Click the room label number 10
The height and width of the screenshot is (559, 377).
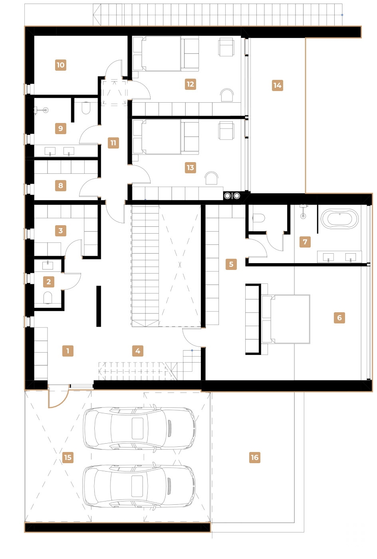click(x=60, y=65)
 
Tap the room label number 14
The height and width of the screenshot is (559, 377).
click(x=277, y=85)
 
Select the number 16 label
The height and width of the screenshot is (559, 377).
click(x=254, y=458)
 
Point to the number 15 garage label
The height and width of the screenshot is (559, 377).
click(x=67, y=458)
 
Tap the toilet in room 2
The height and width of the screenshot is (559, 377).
click(x=48, y=297)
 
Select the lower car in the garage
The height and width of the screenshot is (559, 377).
click(x=139, y=486)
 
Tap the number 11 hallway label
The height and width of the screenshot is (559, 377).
click(x=113, y=143)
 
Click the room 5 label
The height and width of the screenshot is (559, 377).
click(x=231, y=264)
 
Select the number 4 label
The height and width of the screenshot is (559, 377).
click(x=137, y=351)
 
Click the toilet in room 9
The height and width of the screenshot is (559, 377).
click(x=86, y=108)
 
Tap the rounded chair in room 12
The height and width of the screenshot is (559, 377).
click(x=227, y=95)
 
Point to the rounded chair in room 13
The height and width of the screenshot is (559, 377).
click(x=211, y=178)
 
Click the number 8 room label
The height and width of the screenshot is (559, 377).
click(x=60, y=185)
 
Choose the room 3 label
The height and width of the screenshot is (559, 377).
click(x=60, y=230)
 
